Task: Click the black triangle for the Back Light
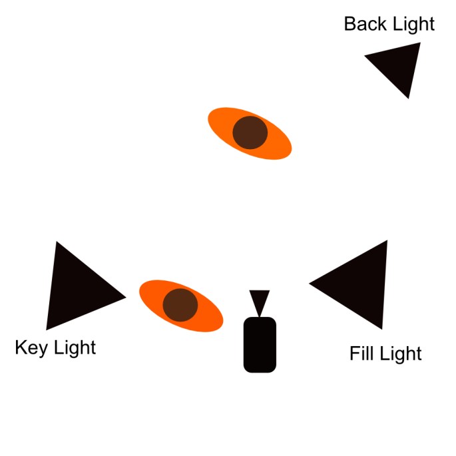click(x=399, y=65)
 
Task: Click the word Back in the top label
click(x=363, y=25)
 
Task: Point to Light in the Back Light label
click(x=411, y=25)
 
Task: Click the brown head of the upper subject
click(x=250, y=132)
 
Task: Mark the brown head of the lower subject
click(x=180, y=305)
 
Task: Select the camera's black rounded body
click(x=260, y=344)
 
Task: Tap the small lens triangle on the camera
click(x=259, y=301)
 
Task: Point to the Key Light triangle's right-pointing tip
click(x=123, y=296)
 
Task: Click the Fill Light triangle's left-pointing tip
click(x=312, y=284)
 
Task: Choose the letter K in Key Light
click(x=21, y=348)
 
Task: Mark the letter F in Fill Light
click(x=354, y=353)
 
